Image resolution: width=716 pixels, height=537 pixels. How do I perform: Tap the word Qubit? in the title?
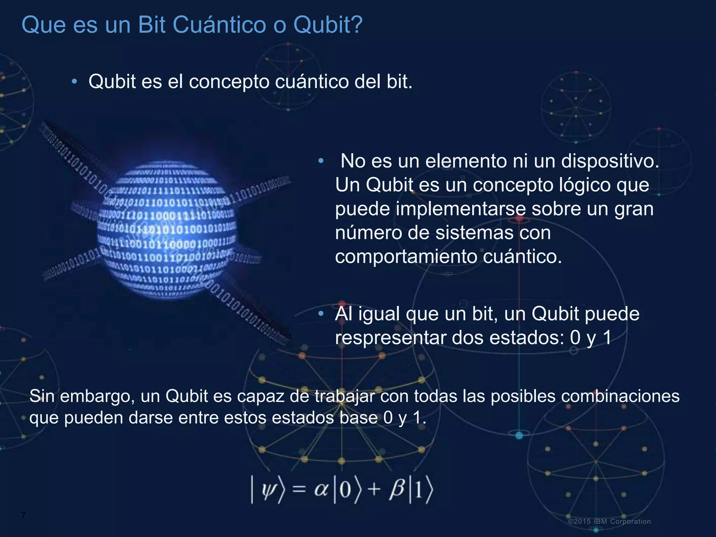[x=328, y=25]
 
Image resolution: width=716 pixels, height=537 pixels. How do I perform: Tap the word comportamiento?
[x=406, y=257]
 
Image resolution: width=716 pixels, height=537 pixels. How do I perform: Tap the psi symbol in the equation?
[x=269, y=488]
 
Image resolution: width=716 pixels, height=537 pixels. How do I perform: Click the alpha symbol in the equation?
[x=321, y=489]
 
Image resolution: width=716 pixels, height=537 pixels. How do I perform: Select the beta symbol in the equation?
[x=397, y=488]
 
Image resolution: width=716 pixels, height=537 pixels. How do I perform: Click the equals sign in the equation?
[x=299, y=489]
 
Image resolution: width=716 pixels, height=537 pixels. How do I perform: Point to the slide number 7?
[x=23, y=515]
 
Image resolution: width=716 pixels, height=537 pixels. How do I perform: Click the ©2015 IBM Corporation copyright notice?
[x=609, y=521]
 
